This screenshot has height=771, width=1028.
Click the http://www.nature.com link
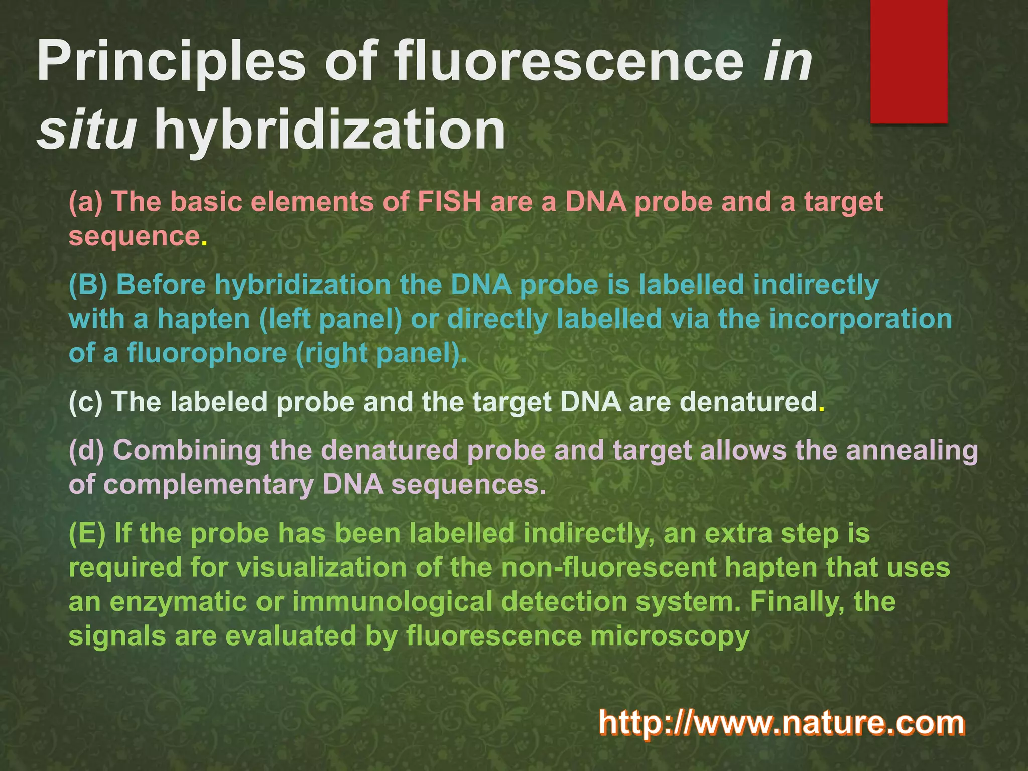click(x=781, y=723)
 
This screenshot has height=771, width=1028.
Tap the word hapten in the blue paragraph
click(x=204, y=319)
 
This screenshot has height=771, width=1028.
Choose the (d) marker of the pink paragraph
click(x=86, y=450)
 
